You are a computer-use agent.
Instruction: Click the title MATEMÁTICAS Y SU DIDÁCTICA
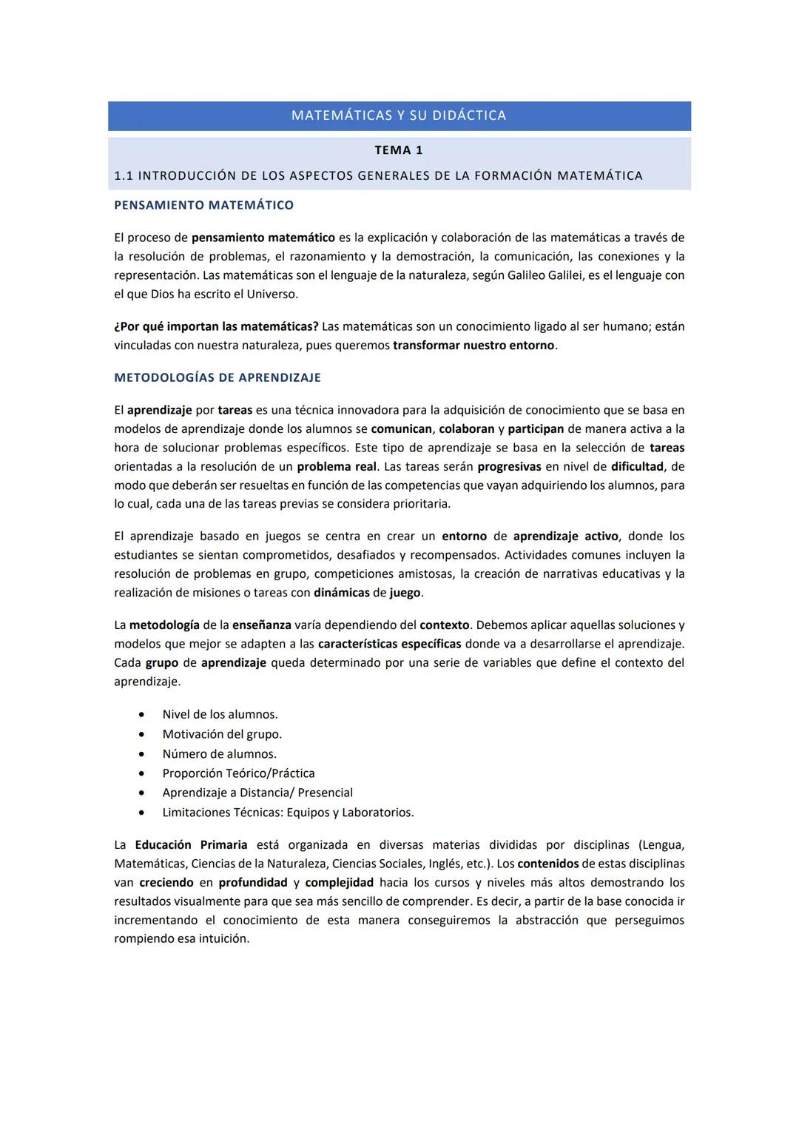tap(399, 115)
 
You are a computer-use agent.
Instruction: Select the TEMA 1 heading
tap(399, 150)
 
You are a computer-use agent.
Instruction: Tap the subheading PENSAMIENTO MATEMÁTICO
tap(203, 205)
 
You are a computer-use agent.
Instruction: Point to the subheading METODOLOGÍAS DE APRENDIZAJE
tap(218, 377)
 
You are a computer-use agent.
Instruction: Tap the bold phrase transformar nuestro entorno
tap(473, 346)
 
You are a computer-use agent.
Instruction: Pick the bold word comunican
tap(401, 429)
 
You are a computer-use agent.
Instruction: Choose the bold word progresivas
tap(509, 467)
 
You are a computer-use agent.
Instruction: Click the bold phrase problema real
tap(337, 467)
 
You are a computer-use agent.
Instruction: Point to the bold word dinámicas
tap(341, 593)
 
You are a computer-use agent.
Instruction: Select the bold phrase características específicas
tap(389, 644)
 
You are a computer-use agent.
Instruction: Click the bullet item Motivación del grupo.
tap(222, 734)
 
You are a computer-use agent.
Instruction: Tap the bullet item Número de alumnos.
tap(219, 754)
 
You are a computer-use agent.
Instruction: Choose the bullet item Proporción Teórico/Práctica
tap(238, 773)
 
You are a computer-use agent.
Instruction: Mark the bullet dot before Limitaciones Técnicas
tap(141, 813)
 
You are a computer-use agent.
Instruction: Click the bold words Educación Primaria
tap(191, 845)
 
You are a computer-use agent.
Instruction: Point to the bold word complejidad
tap(340, 883)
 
